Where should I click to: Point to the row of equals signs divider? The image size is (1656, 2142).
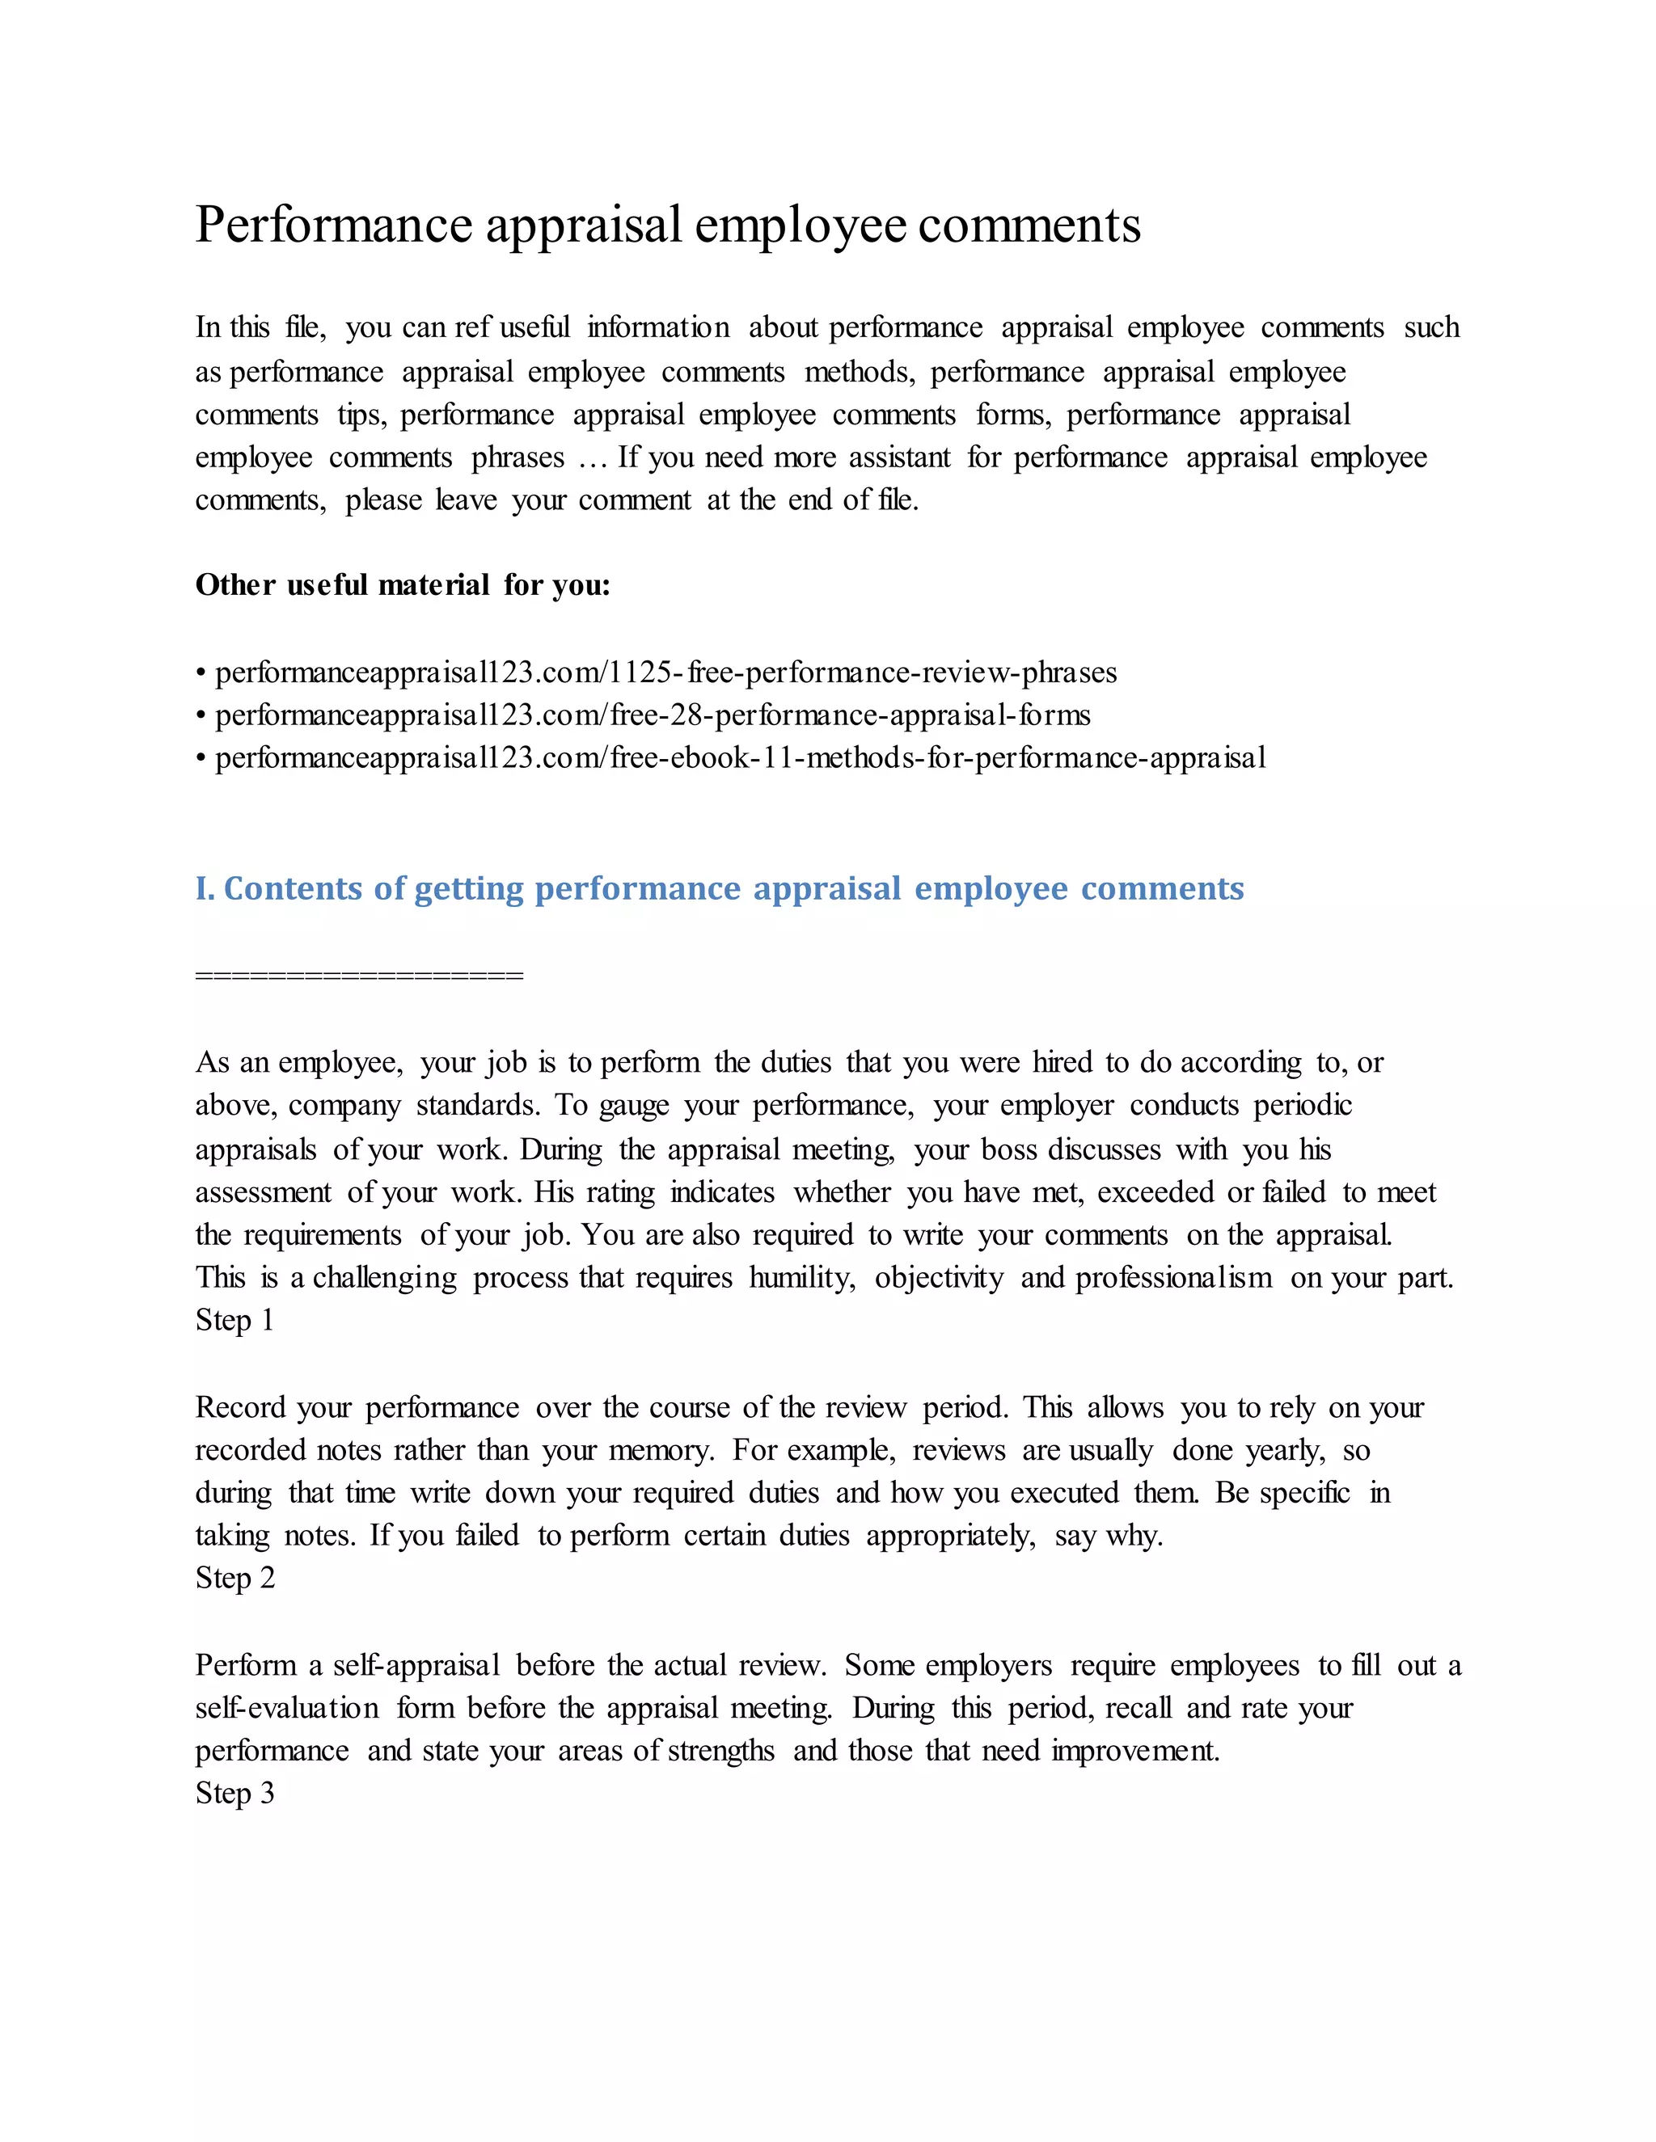click(x=359, y=975)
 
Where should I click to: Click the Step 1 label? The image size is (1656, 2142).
click(x=234, y=1320)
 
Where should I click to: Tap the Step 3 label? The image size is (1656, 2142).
click(x=234, y=1793)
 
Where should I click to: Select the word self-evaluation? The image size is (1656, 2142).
click(x=286, y=1709)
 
